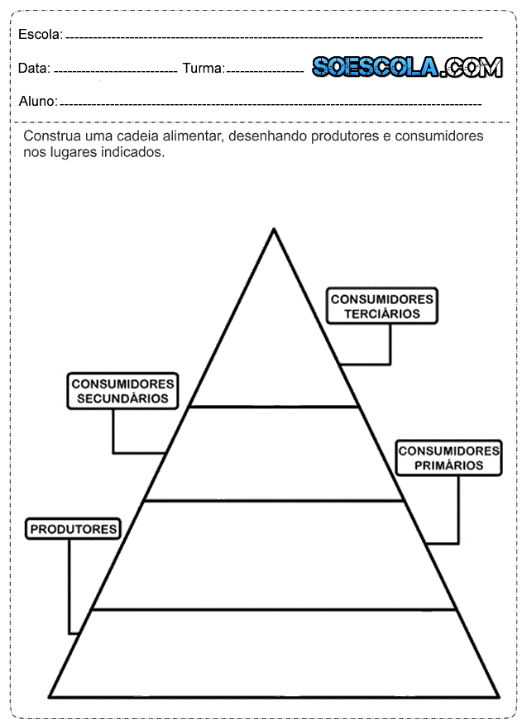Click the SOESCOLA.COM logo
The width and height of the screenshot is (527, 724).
406,67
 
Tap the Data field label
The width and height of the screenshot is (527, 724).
33,69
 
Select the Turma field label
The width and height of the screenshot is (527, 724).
203,69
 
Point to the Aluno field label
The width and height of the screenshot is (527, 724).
37,102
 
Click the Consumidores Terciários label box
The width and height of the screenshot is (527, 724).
382,306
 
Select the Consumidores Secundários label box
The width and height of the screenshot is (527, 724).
122,390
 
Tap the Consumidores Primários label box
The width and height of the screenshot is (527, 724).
448,458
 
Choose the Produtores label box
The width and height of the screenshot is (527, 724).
74,529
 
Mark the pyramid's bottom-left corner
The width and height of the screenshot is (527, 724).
51,696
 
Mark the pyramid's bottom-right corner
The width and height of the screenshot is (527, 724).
498,696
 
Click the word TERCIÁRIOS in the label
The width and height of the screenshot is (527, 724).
382,314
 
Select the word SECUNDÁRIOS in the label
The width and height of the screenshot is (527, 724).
122,398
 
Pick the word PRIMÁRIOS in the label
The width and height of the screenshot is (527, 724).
448,466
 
